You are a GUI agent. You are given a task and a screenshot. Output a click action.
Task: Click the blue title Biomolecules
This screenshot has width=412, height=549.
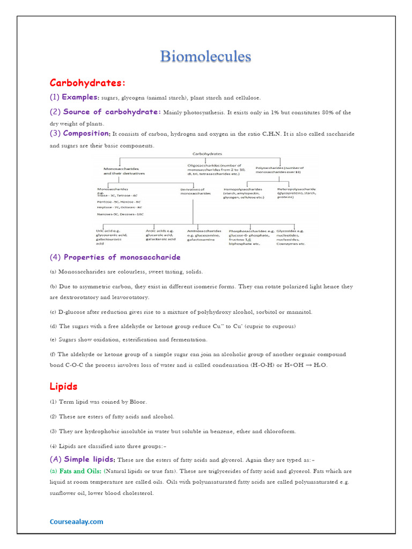pyautogui.click(x=206, y=57)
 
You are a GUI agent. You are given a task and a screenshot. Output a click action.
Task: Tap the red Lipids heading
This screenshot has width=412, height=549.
pyautogui.click(x=63, y=386)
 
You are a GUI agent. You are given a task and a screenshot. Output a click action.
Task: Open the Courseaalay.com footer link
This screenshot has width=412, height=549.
pyautogui.click(x=76, y=521)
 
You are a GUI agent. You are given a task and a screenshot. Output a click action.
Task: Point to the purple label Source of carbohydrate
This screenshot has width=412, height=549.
pyautogui.click(x=112, y=112)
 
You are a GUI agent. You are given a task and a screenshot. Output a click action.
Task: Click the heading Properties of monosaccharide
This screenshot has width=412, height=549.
pyautogui.click(x=115, y=257)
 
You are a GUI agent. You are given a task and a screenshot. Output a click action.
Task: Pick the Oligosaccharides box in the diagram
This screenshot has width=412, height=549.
pyautogui.click(x=215, y=169)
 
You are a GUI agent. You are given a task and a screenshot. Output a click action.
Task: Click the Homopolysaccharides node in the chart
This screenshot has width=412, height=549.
pyautogui.click(x=244, y=193)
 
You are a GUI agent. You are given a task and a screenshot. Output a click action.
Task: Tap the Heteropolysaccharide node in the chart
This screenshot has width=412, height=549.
pyautogui.click(x=297, y=193)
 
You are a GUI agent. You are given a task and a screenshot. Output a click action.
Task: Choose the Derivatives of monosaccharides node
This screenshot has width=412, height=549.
pyautogui.click(x=193, y=191)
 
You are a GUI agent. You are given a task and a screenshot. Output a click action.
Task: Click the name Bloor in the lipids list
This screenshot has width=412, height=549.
pyautogui.click(x=137, y=402)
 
